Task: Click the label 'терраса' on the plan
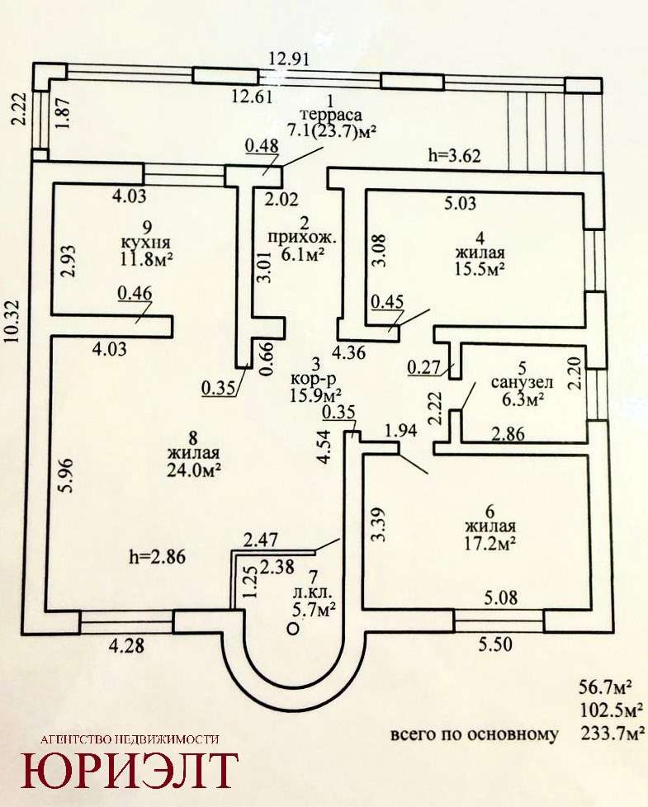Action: [x=331, y=115]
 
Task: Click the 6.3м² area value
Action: [x=523, y=400]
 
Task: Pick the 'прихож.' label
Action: [x=294, y=239]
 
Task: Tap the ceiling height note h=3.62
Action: [x=455, y=154]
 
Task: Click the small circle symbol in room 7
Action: [x=291, y=629]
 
